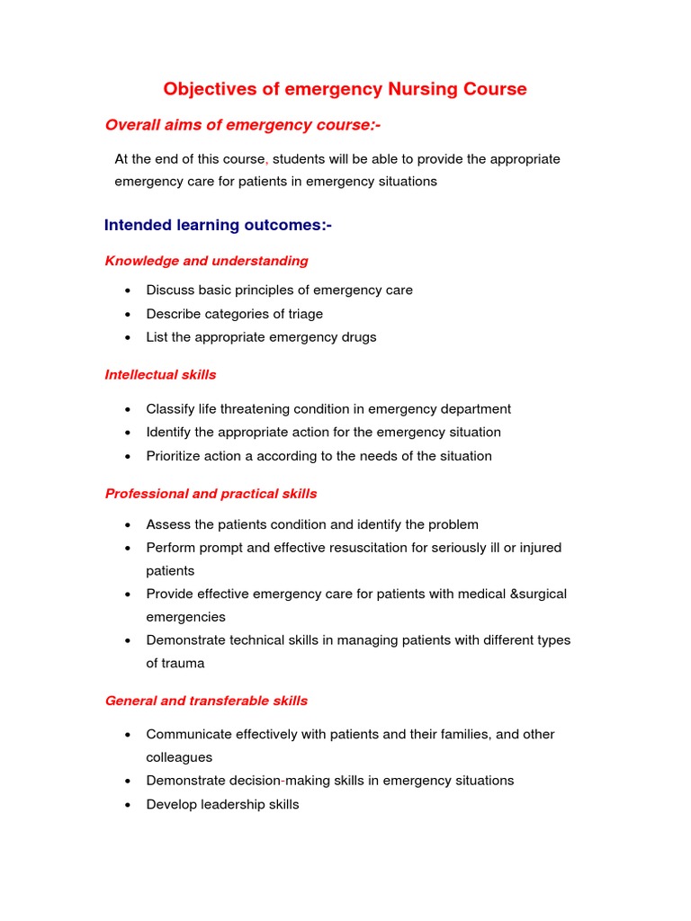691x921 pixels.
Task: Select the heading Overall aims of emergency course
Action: pos(237,125)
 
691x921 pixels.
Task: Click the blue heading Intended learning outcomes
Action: pos(218,225)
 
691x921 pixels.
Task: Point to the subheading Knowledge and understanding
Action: pos(206,261)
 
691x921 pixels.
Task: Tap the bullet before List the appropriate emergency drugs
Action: pos(130,337)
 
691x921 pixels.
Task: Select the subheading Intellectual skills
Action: pos(160,374)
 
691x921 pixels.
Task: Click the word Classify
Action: pos(171,409)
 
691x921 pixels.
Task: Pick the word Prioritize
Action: pos(173,456)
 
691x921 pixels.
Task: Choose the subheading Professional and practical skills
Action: pos(211,494)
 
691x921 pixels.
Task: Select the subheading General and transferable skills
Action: pos(206,701)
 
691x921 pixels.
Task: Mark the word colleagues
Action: pos(179,757)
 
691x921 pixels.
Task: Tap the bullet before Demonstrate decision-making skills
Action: pos(130,781)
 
